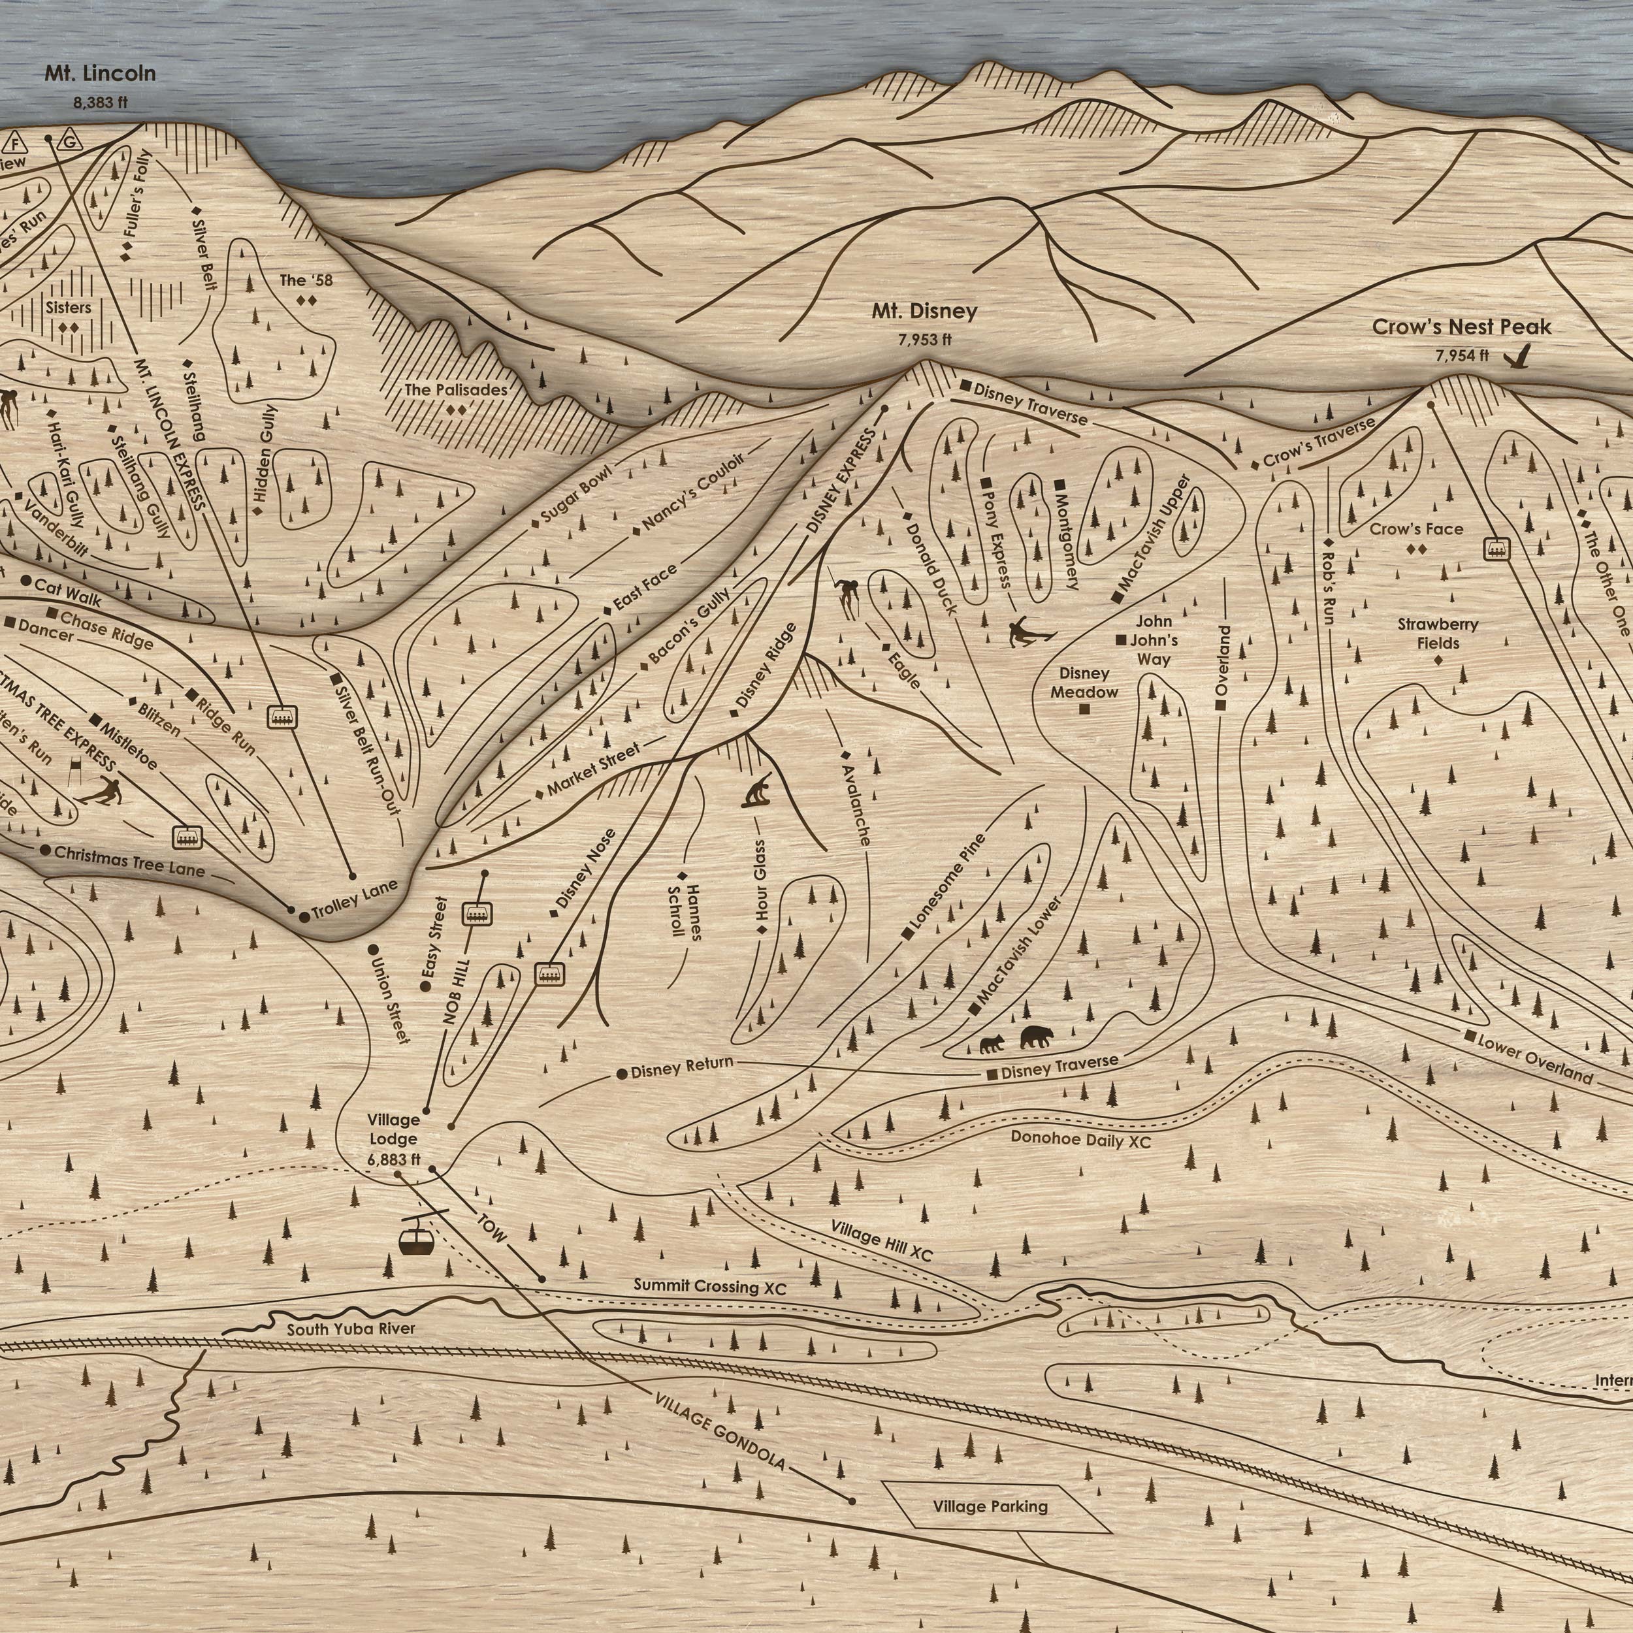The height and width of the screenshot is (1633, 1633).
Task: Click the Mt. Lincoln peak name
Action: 100,74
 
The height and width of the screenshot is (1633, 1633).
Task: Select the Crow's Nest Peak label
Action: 1461,327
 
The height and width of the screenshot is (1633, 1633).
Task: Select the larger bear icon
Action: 1036,1037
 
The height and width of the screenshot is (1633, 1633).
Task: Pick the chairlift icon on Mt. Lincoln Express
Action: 281,717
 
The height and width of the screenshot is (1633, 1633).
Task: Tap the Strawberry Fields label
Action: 1438,634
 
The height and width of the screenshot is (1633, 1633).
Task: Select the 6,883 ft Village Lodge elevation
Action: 394,1159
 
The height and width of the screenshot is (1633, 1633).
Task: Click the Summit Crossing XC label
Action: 710,1286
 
